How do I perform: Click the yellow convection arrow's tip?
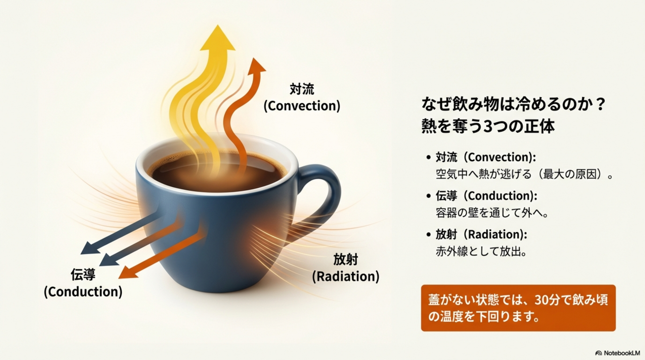tap(218, 25)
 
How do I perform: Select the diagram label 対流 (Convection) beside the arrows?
tap(302, 98)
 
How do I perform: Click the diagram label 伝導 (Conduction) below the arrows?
tap(83, 283)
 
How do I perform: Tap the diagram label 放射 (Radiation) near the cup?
tap(346, 268)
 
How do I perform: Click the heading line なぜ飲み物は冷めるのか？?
tap(513, 104)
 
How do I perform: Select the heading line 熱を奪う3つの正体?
tap(488, 126)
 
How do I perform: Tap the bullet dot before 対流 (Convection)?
tap(428, 157)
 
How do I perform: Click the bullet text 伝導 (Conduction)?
tap(486, 195)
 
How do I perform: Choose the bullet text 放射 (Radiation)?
tap(481, 234)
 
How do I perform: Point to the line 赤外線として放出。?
tap(481, 251)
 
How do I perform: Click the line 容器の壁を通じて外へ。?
tap(492, 213)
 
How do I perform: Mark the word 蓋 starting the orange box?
tap(434, 300)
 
